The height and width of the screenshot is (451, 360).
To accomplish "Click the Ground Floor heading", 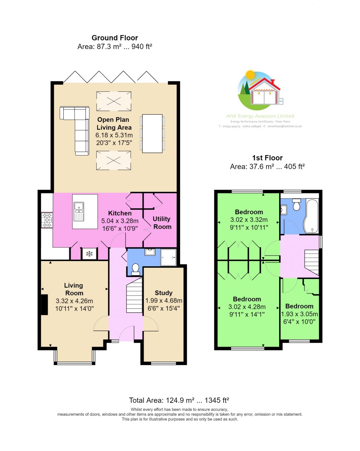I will click(115, 38).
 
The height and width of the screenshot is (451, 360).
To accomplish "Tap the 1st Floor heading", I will click(267, 158).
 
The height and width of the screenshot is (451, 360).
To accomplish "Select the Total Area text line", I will click(179, 400).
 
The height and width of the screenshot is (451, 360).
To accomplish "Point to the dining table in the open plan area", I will click(152, 133).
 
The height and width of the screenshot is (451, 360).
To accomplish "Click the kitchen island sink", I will click(79, 212).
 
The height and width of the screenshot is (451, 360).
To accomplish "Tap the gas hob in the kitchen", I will click(47, 220).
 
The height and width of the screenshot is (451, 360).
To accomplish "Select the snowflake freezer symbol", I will click(89, 254).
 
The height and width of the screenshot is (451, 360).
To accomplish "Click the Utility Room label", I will click(162, 223).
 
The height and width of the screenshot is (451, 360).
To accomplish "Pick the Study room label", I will click(163, 293).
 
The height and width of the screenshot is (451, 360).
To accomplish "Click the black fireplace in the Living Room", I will click(44, 305).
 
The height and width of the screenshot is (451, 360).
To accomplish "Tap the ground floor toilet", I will click(135, 269).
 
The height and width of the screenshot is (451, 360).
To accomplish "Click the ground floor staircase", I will click(134, 295).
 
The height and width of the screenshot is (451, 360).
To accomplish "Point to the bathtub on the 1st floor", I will click(312, 216).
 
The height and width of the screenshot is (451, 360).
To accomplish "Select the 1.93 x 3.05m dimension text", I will click(300, 314).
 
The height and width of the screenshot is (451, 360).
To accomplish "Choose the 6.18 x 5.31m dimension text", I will click(114, 135).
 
